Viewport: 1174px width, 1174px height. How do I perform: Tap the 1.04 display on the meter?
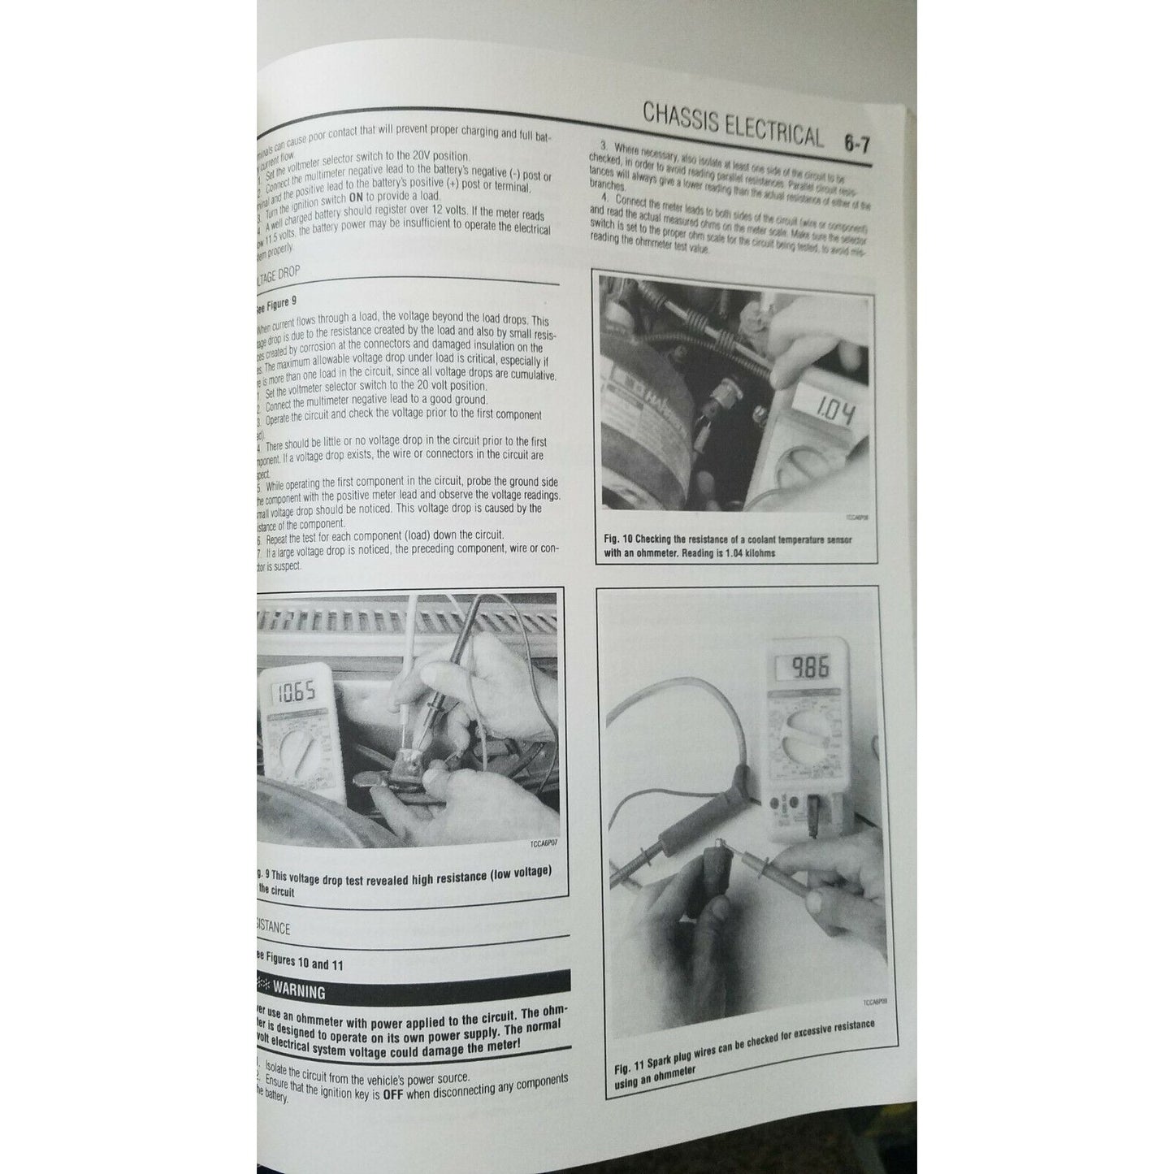pos(825,415)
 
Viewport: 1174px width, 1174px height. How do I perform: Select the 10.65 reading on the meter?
pos(295,693)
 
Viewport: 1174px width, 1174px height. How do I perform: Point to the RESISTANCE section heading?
pos(272,927)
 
